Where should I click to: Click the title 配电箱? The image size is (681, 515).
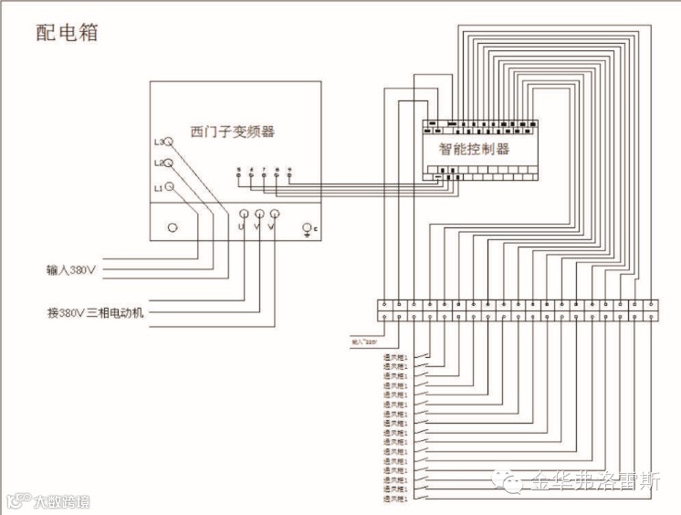[x=67, y=34]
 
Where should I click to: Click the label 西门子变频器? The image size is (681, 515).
[x=232, y=131]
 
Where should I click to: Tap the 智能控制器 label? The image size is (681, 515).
[x=474, y=149]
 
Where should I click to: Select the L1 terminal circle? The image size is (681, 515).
[x=169, y=187]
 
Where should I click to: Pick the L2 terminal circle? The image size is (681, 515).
[x=168, y=163]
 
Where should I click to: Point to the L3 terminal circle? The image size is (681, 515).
[x=168, y=142]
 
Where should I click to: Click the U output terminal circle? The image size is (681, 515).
[x=242, y=213]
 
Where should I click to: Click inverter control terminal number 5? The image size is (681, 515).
[x=239, y=172]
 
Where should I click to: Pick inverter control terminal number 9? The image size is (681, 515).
[x=289, y=172]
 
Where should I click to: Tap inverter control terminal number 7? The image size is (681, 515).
[x=265, y=172]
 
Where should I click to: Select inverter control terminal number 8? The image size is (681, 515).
[x=277, y=172]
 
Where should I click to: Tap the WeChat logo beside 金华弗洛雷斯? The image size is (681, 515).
[x=508, y=481]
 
